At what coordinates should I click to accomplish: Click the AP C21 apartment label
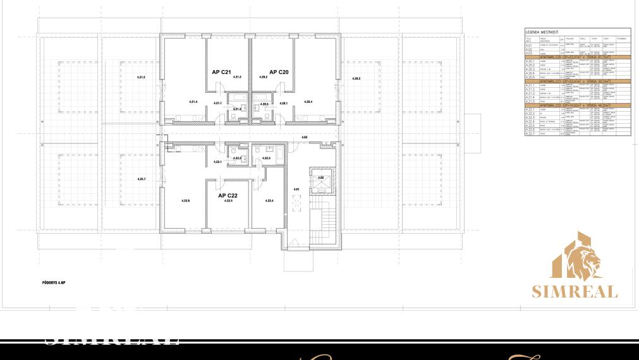(x=221, y=73)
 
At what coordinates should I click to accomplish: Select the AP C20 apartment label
(x=279, y=73)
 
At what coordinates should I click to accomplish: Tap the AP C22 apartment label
(x=228, y=196)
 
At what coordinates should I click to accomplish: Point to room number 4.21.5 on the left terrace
(x=141, y=77)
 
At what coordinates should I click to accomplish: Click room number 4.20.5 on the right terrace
(x=356, y=78)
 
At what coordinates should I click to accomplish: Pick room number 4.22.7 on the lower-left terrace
(x=142, y=179)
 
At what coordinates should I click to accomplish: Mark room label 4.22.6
(x=186, y=201)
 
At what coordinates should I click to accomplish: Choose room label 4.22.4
(x=269, y=201)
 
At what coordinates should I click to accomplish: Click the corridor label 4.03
(x=304, y=137)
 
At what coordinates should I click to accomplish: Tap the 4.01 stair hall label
(x=296, y=189)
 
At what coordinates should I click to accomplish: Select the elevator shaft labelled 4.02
(x=320, y=178)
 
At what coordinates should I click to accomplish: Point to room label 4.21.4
(x=193, y=102)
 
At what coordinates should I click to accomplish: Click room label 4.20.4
(x=308, y=102)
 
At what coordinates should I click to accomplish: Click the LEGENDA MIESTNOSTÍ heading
(x=541, y=31)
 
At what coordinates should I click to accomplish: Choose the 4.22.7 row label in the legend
(x=530, y=134)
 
